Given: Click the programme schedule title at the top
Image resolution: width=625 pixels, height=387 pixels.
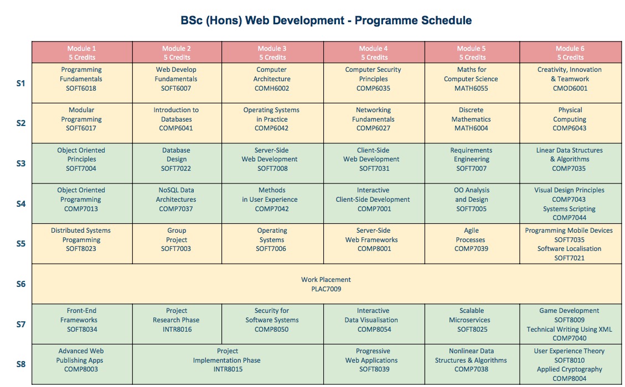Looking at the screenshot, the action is pos(326,20).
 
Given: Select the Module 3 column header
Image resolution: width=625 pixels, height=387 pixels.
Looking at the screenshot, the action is pos(272,52).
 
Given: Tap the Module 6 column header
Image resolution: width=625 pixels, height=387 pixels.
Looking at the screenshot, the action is pos(570,52).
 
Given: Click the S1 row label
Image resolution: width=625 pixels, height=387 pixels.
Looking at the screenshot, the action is pos(20,83).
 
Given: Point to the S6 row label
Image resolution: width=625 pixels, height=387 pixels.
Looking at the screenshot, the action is pos(20,284).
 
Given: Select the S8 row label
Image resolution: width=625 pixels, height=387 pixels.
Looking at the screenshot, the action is pos(20,364).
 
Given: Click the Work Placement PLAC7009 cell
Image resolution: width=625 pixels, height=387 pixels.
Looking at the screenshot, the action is pos(327,284).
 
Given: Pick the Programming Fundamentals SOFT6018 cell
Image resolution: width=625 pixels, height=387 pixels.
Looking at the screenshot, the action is pos(82,83).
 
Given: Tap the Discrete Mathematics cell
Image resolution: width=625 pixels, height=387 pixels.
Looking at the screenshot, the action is pos(472,123).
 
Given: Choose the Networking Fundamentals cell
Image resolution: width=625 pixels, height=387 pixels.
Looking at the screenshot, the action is pos(374,123).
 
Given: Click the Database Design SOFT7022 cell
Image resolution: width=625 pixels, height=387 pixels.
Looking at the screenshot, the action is pos(177,163).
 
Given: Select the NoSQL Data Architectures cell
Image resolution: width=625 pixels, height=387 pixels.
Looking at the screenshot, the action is pos(177,203).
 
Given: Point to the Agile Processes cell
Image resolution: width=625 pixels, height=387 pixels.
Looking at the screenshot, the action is pos(472,244).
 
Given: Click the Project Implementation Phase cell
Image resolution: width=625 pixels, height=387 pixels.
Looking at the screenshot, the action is pos(228,364).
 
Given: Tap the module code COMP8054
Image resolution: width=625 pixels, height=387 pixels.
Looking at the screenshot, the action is pos(374,330).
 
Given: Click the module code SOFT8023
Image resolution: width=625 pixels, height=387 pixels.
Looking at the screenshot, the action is pos(81,249).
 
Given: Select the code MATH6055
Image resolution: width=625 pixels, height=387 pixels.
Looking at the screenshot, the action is pos(471,88).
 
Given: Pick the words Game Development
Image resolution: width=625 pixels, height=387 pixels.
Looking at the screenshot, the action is pos(569,311).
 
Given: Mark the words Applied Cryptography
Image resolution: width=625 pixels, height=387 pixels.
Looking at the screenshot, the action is pos(569,369).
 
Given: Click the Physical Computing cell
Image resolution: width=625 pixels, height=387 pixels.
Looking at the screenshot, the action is pos(570,123).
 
